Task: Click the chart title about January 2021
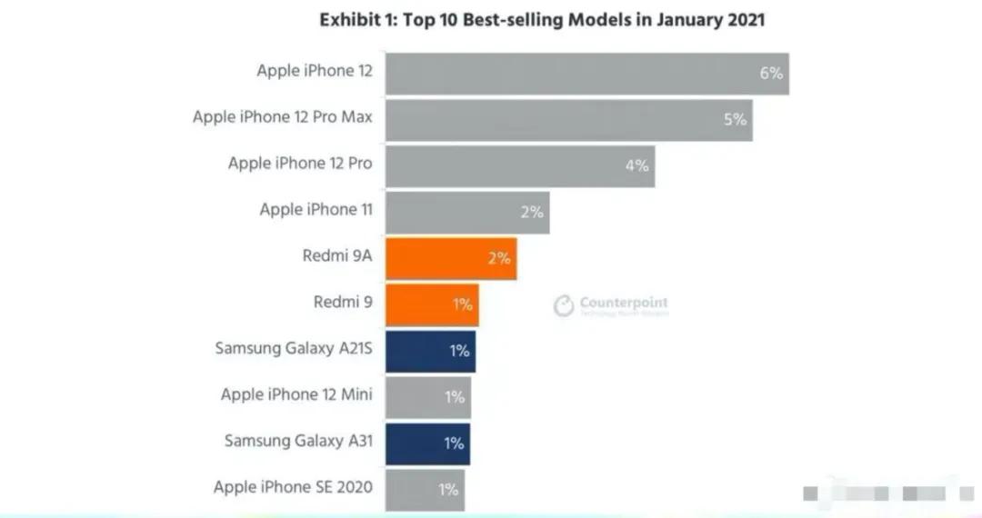[542, 20]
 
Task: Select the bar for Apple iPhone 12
[586, 73]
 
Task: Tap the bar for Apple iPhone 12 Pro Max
[568, 119]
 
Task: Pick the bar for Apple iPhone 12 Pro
[519, 165]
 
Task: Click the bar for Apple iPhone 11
[466, 212]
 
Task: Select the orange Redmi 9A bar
[450, 258]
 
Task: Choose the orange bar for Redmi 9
[431, 304]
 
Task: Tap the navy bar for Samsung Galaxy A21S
[429, 351]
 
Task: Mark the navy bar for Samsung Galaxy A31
[427, 443]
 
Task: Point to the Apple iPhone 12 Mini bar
[427, 397]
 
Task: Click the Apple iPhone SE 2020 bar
[424, 490]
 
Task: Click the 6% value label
[771, 74]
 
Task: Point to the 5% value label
[735, 119]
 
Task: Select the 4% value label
[636, 165]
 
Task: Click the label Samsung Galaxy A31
[298, 442]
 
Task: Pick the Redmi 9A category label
[336, 256]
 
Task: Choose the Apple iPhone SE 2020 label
[293, 488]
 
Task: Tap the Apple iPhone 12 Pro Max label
[282, 117]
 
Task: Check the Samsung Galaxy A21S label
[294, 349]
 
